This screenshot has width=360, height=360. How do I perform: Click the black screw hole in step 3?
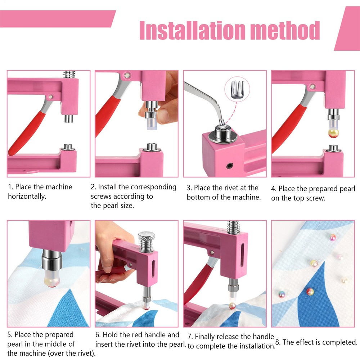[x=229, y=165]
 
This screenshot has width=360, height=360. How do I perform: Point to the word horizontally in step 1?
[x=27, y=197]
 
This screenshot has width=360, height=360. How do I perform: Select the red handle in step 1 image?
[x=25, y=133]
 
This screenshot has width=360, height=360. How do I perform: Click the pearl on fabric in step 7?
[x=233, y=305]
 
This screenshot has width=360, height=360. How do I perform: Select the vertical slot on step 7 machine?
[x=243, y=252]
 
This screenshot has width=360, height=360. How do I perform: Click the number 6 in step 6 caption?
[x=98, y=335]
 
